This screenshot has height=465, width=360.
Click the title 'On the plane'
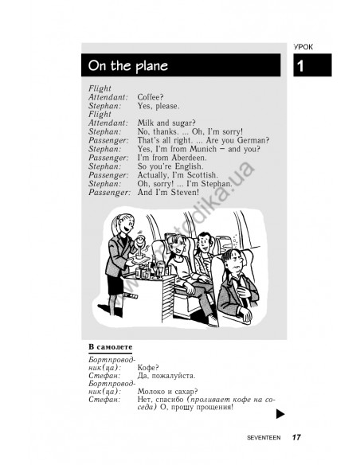tap(127, 65)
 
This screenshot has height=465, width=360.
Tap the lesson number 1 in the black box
tap(300, 66)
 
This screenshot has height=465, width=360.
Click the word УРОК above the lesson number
tap(303, 47)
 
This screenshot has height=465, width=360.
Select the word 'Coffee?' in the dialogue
tap(151, 97)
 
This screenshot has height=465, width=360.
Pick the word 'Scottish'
tap(202, 174)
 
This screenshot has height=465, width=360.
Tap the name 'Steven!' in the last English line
tap(185, 192)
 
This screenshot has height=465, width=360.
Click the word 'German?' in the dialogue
tap(253, 140)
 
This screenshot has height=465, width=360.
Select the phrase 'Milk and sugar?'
tap(166, 123)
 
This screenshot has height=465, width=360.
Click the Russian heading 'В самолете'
tap(111, 346)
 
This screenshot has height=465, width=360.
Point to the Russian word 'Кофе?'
tap(148, 368)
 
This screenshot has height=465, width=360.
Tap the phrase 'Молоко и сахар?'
tap(167, 392)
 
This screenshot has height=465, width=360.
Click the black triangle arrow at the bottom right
tap(280, 414)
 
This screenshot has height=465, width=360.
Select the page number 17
tap(296, 437)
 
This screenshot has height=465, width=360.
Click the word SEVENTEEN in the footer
tap(264, 437)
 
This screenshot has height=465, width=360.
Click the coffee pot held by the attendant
tap(140, 243)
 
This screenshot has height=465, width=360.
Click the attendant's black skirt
tap(115, 284)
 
